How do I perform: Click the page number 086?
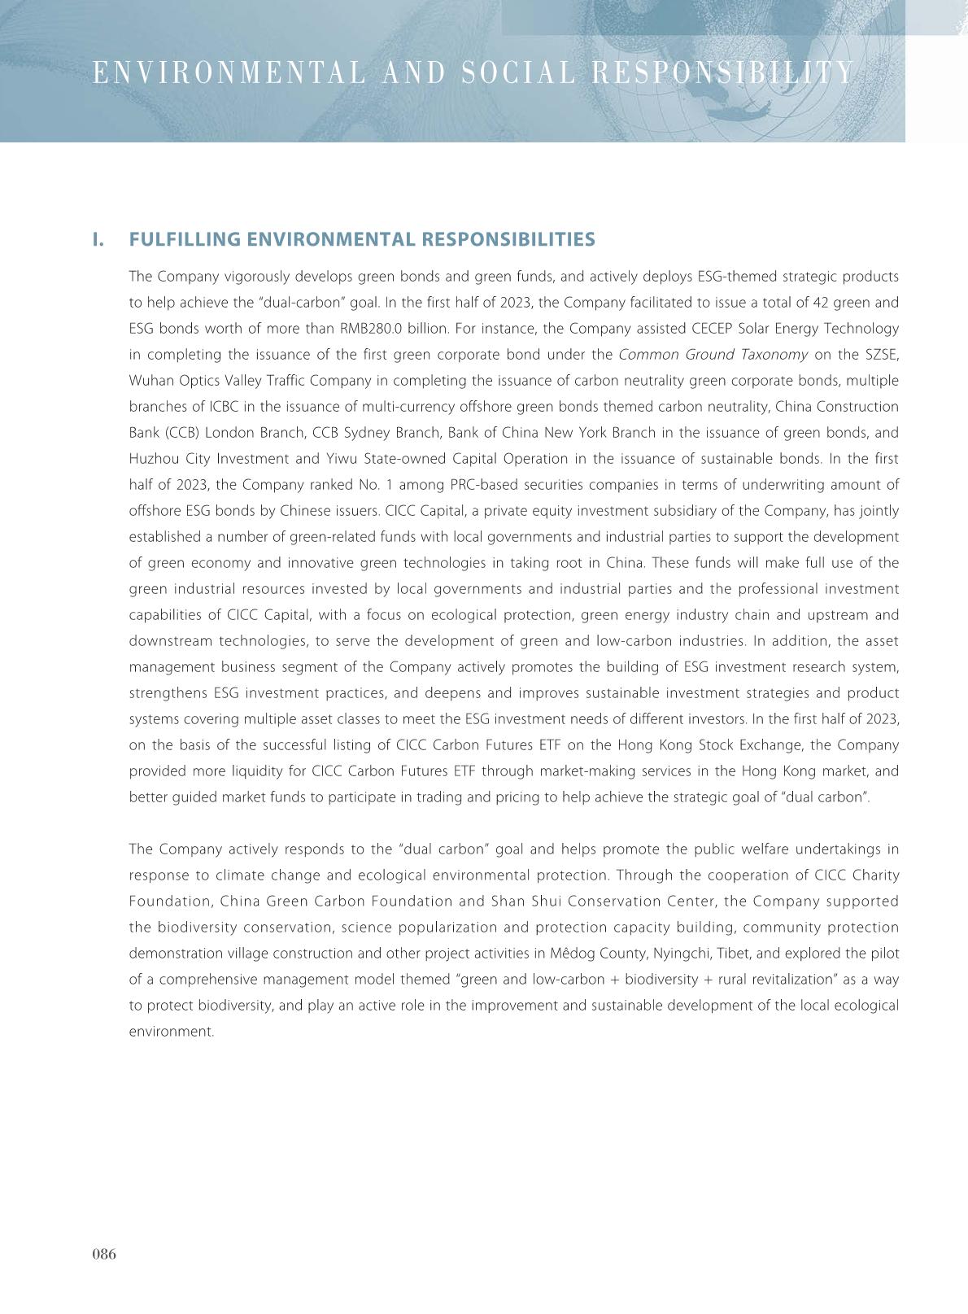coord(104,1254)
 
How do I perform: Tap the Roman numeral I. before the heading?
coord(98,239)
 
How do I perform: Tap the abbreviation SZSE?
coord(882,355)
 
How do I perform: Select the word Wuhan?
coord(148,381)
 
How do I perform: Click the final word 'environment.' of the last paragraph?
coord(172,1032)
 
